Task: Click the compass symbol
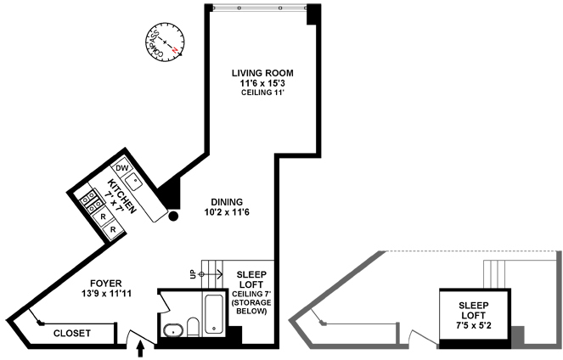click(165, 42)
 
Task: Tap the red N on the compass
click(174, 50)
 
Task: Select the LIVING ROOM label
click(262, 73)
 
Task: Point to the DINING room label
click(227, 202)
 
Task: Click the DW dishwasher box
click(122, 168)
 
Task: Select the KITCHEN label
click(122, 196)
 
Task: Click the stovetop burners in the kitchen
click(92, 202)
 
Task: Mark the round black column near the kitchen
click(173, 216)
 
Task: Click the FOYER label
click(106, 284)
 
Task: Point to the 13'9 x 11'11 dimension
click(106, 294)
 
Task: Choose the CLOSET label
click(72, 334)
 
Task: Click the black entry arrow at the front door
click(140, 349)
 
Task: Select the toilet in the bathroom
click(193, 327)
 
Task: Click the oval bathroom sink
click(173, 330)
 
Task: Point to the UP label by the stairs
click(193, 274)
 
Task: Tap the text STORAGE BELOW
click(251, 307)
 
